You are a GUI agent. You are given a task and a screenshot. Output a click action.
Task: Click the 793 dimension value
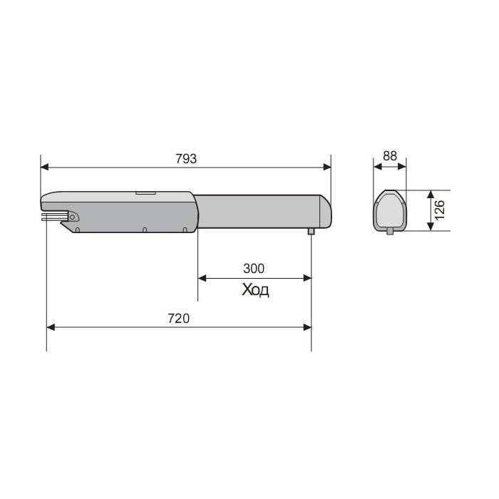click(186, 158)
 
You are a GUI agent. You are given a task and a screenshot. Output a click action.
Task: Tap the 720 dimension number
click(178, 318)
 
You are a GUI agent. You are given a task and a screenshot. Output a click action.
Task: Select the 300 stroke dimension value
click(254, 269)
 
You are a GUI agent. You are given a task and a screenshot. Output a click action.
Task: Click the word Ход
click(255, 290)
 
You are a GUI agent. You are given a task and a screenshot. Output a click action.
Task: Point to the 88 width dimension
click(390, 156)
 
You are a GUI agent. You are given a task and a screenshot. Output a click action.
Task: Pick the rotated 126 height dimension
click(440, 210)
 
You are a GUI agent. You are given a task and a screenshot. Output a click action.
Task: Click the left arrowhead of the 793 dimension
click(44, 167)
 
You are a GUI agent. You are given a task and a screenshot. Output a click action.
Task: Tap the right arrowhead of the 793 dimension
click(327, 167)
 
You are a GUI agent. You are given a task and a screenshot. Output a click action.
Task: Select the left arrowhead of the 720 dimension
click(51, 327)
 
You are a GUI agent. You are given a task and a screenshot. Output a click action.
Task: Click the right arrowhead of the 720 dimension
click(307, 327)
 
